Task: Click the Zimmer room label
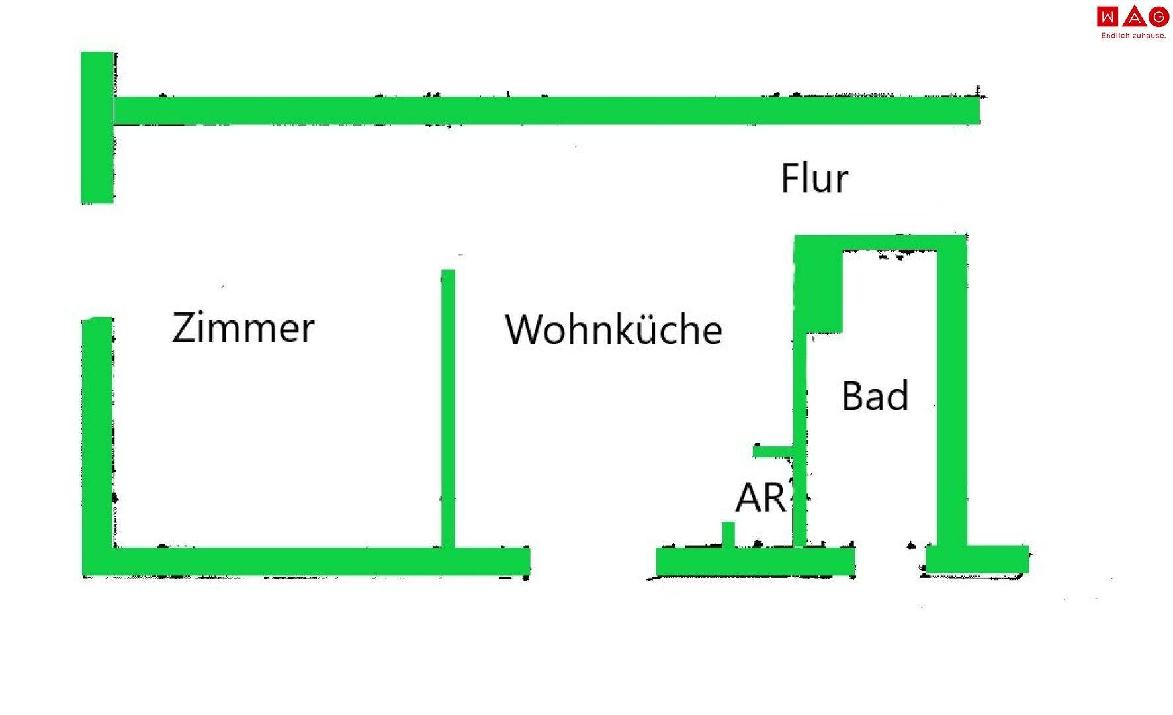[243, 328]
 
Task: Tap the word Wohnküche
[613, 330]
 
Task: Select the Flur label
[814, 178]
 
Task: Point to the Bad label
[875, 397]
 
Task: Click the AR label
[761, 498]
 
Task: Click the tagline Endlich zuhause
[1133, 36]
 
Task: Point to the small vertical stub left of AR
[728, 534]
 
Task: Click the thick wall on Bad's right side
[951, 397]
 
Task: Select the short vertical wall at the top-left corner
[97, 127]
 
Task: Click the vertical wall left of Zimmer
[97, 437]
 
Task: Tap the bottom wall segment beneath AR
[754, 561]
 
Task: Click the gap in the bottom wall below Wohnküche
[593, 561]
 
